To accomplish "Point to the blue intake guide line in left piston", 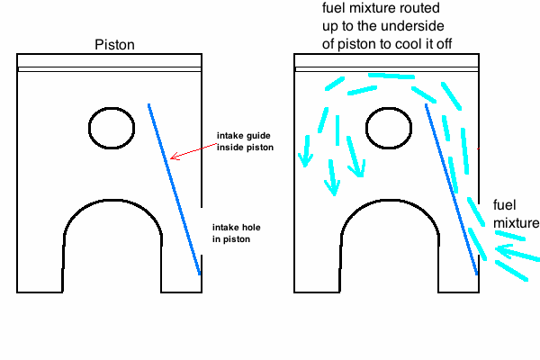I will [174, 189].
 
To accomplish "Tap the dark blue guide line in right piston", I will [452, 189].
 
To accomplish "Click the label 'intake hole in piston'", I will [238, 233].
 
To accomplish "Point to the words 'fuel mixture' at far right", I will [515, 214].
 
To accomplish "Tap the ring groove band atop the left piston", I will [109, 68].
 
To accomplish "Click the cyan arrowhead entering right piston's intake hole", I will [498, 254].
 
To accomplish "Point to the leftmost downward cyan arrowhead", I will [304, 159].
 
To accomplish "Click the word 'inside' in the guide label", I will [229, 147].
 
